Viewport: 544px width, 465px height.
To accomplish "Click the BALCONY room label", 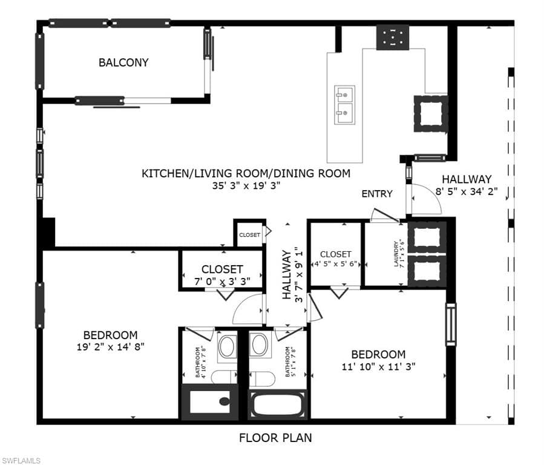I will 123,62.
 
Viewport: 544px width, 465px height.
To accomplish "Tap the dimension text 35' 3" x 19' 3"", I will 246,186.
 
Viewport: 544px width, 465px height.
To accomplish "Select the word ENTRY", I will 377,194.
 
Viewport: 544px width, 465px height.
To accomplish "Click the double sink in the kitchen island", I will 344,105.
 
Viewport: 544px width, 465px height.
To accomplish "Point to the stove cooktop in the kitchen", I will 393,38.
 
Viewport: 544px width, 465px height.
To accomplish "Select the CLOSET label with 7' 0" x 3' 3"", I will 222,274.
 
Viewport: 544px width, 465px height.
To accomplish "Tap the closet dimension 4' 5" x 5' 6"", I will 336,265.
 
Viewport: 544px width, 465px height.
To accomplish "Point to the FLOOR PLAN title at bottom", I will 275,437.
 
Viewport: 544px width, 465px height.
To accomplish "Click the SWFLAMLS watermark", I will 21,461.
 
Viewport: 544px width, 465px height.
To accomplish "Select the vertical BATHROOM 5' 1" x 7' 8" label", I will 292,362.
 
